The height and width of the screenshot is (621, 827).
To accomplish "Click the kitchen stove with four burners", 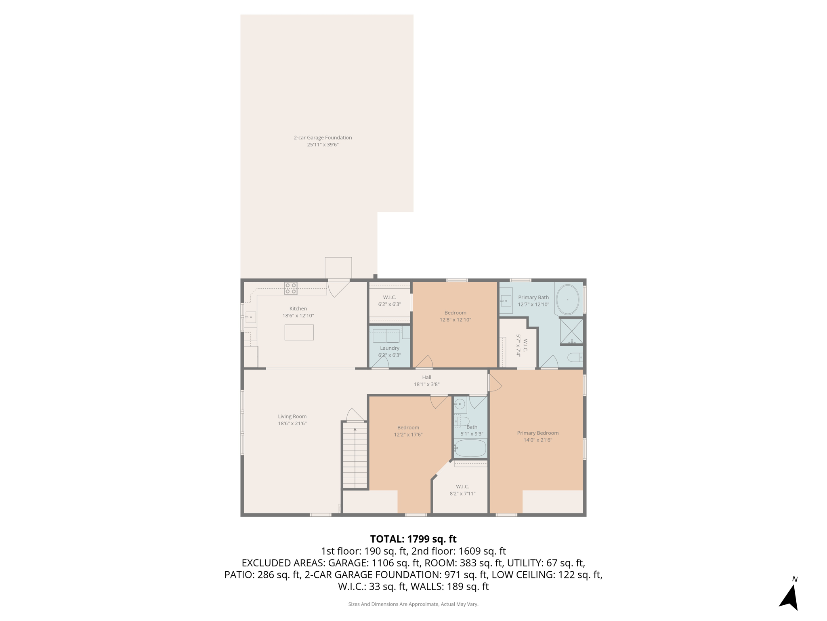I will (x=291, y=288).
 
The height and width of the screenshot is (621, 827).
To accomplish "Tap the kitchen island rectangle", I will (x=299, y=332).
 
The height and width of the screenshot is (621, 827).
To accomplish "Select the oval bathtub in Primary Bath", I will (x=568, y=300).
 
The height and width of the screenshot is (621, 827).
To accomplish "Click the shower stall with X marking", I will (x=571, y=331).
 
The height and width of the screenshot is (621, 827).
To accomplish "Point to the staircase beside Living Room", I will (x=355, y=455).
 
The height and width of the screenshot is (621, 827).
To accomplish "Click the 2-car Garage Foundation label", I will (x=323, y=137).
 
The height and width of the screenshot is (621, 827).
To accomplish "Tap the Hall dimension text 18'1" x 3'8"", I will (x=426, y=384).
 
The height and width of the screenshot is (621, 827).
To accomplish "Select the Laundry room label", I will (x=389, y=348).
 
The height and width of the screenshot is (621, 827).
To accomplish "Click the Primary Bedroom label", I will (x=537, y=433).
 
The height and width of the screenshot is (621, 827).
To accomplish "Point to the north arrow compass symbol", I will (x=789, y=596).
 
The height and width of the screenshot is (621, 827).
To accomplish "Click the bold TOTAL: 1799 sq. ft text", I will (x=413, y=539).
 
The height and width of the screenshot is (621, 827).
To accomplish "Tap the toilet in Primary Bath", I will (x=575, y=357).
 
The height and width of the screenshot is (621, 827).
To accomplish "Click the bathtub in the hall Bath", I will (x=470, y=448).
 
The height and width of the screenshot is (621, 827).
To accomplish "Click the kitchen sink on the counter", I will (x=251, y=317).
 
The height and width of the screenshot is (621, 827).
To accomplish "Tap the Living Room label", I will (x=292, y=416).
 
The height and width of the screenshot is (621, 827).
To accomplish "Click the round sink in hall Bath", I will (x=460, y=404).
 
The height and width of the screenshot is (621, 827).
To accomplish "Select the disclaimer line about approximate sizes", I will (x=413, y=604).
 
